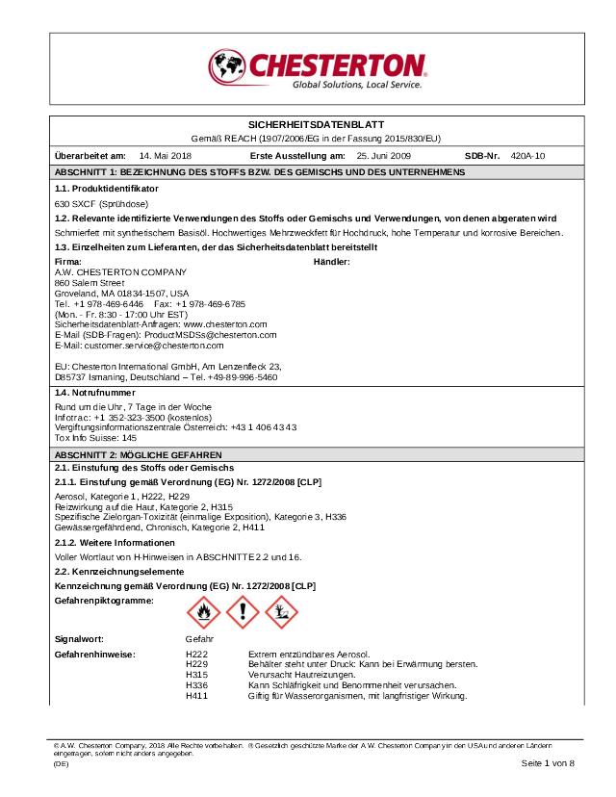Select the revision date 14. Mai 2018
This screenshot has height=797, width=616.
coord(166,155)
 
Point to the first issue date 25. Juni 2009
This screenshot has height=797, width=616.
coord(384,155)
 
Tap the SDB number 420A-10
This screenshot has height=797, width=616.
coord(528,155)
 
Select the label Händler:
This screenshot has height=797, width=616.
coord(332,262)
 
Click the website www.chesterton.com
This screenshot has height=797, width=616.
coord(225,325)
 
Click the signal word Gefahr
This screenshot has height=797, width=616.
coord(199,639)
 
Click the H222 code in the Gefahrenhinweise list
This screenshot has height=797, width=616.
coord(196,655)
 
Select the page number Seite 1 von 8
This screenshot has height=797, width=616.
coord(548,763)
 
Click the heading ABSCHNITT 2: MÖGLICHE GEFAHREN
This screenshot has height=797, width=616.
coord(139,454)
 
